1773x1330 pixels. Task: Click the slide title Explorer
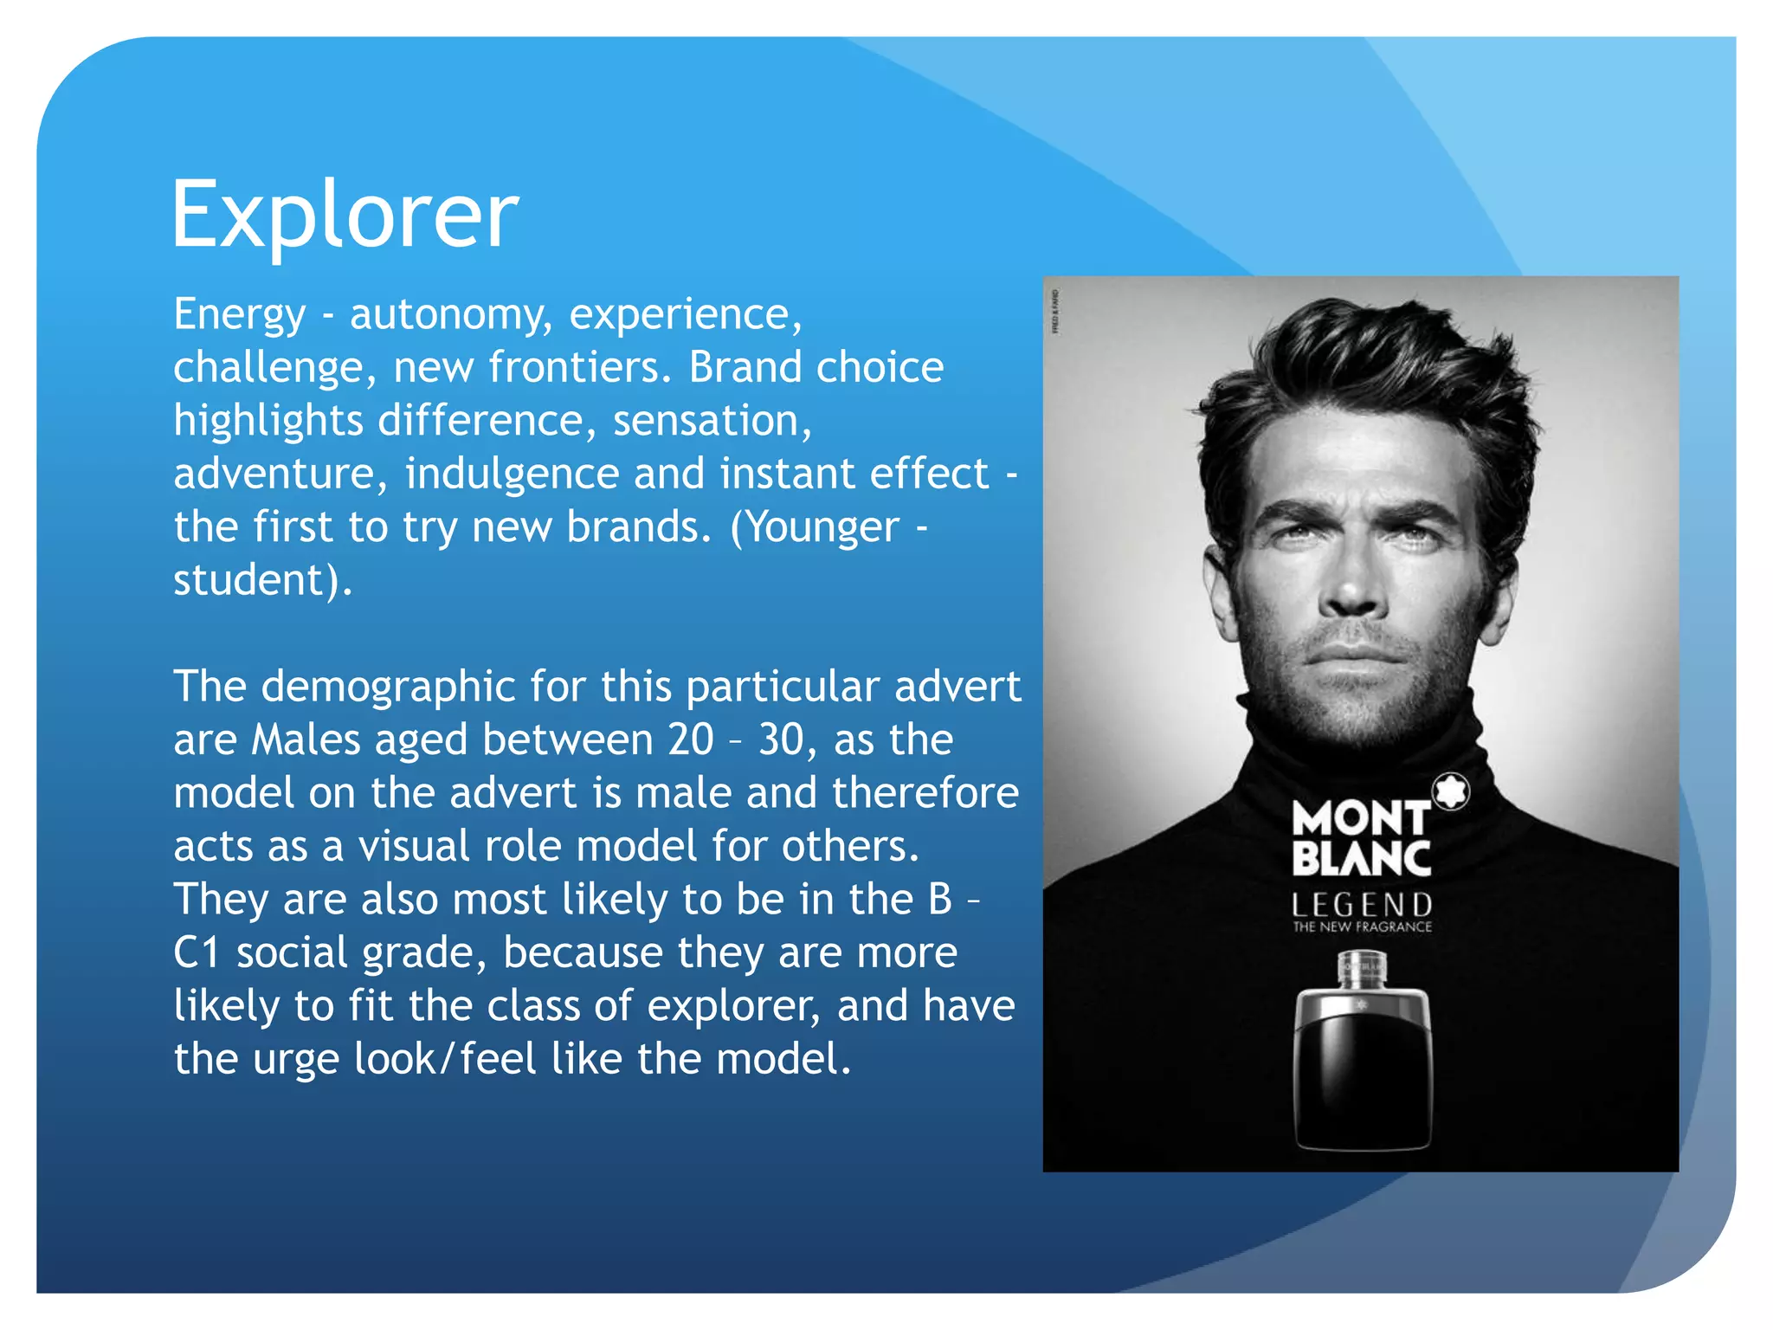click(345, 215)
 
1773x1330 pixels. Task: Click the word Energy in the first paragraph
click(240, 314)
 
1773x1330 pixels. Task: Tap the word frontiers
click(579, 367)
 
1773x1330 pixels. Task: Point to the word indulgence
click(511, 474)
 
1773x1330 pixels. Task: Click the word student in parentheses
click(250, 580)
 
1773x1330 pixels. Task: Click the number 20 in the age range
click(690, 740)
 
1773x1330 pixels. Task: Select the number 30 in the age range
click(782, 740)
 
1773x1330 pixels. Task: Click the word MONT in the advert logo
click(1359, 818)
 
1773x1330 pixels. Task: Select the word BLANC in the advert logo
click(1361, 859)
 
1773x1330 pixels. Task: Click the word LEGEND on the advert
click(1362, 905)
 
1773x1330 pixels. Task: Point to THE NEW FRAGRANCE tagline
click(1362, 926)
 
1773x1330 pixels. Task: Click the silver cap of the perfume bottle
click(1362, 968)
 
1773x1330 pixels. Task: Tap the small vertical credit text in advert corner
click(1054, 313)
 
